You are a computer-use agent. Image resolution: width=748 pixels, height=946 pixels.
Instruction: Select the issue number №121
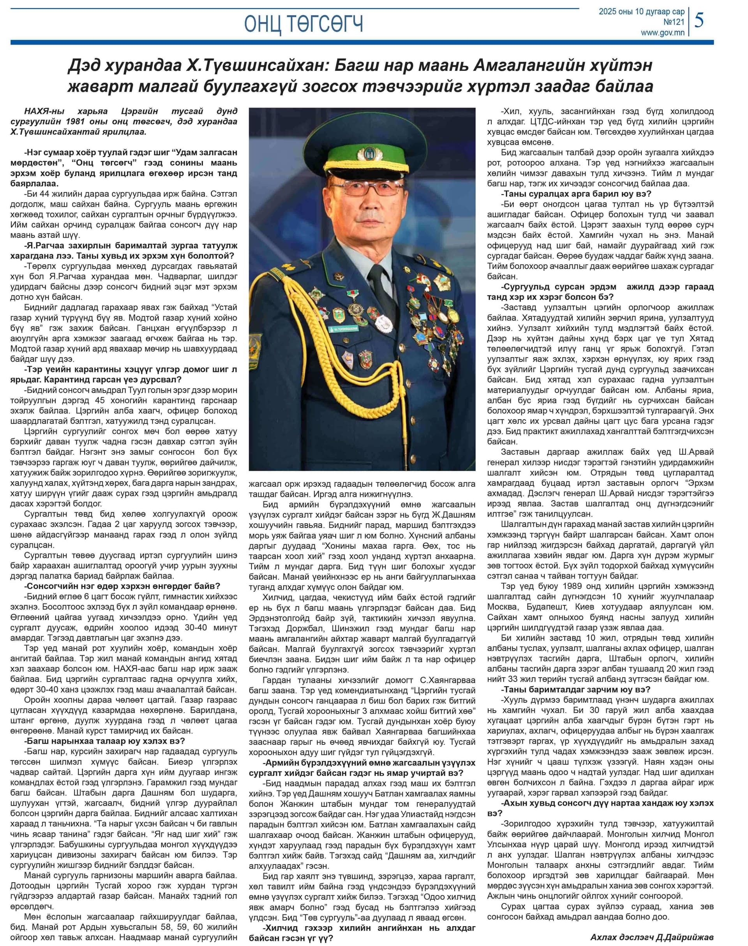[x=674, y=22]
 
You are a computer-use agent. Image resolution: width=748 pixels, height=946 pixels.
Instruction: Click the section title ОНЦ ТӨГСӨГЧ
[x=303, y=24]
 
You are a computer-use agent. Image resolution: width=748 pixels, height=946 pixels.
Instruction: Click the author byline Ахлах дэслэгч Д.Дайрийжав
[x=652, y=934]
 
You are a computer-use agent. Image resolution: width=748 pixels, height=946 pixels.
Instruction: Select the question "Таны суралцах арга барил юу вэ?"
[x=576, y=194]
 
